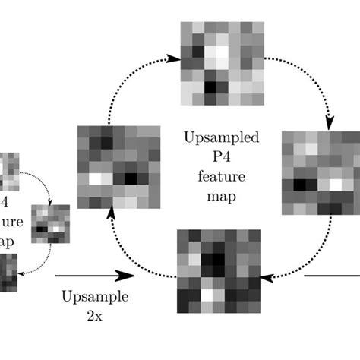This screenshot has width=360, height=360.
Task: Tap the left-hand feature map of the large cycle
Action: (118, 166)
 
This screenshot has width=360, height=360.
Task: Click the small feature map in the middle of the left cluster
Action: (50, 223)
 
